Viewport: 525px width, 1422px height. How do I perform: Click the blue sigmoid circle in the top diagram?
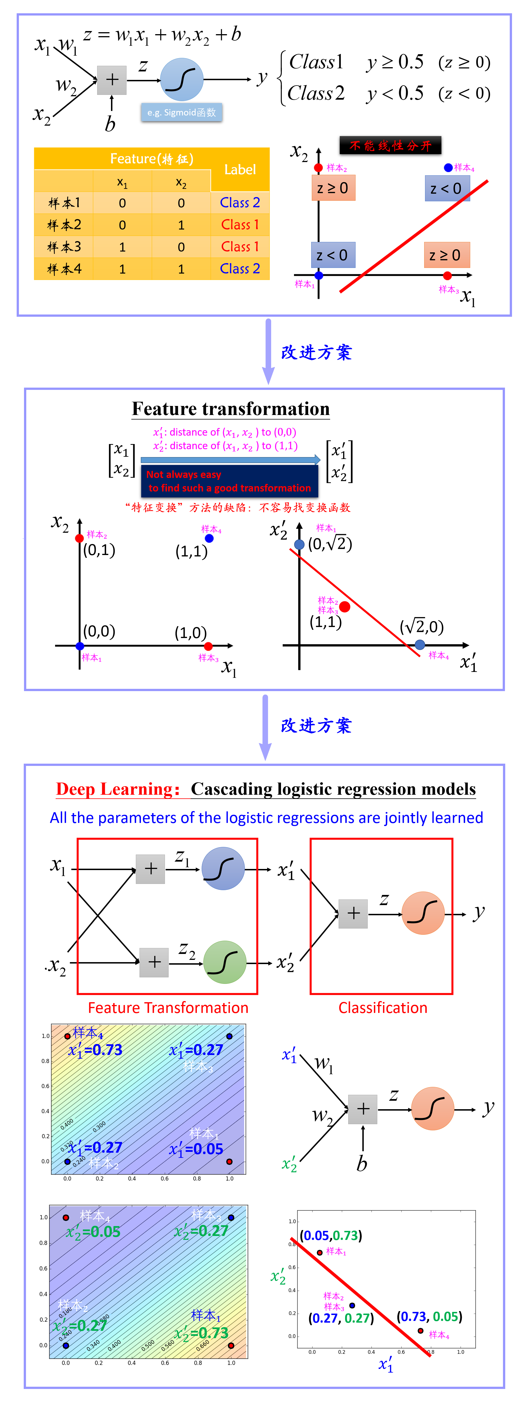(182, 80)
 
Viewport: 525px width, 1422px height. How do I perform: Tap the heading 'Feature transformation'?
(231, 409)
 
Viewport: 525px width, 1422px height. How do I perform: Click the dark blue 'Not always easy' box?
(229, 481)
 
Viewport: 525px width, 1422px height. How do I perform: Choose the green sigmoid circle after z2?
(225, 962)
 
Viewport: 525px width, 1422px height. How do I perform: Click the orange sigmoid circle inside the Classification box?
(423, 913)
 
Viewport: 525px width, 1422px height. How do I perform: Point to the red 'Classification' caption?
(383, 1008)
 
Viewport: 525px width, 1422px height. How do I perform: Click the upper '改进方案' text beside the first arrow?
(316, 352)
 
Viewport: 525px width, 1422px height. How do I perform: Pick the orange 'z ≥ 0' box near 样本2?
(333, 188)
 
